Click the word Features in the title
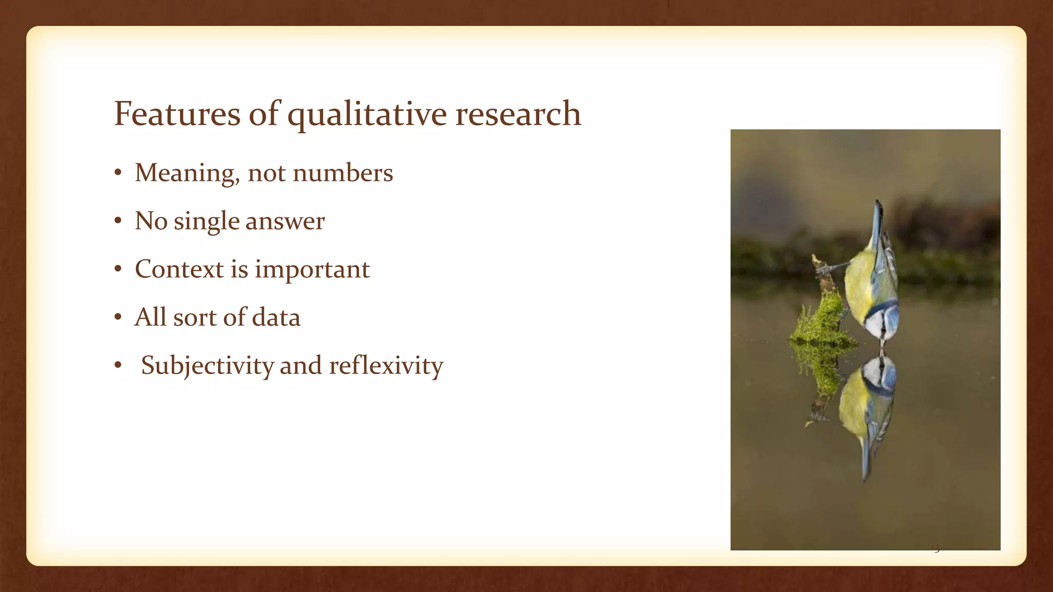coord(176,114)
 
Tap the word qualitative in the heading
coord(367,115)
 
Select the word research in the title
coord(518,114)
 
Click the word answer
coord(285,222)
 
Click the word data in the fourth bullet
coord(276,318)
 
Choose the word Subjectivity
coord(207,366)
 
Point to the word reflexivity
coord(386,366)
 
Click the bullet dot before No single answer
coord(118,221)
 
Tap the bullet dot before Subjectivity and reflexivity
coord(118,366)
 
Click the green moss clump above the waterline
coord(822,321)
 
